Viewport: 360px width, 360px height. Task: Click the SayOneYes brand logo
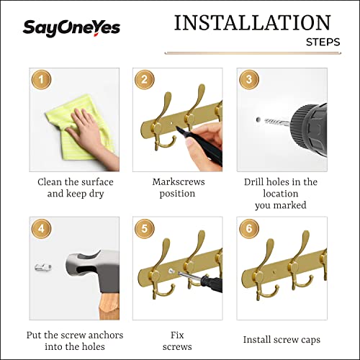click(x=71, y=28)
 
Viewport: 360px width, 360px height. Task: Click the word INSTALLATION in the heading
click(x=252, y=22)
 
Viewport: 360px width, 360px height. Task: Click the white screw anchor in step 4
click(x=42, y=267)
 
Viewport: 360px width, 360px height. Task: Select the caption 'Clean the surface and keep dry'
click(x=75, y=188)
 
